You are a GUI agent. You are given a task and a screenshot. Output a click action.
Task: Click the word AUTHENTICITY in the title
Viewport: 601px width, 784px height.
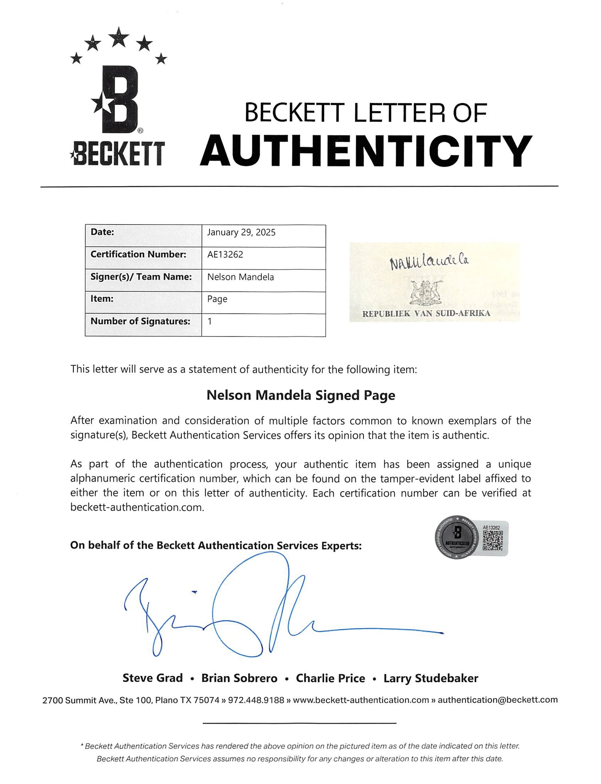point(366,151)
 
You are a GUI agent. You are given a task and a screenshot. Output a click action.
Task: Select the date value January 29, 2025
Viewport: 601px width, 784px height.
point(241,233)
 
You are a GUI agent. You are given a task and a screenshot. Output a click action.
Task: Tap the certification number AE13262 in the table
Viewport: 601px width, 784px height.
point(225,255)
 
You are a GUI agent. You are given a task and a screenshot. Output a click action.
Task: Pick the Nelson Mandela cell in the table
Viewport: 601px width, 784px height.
point(240,277)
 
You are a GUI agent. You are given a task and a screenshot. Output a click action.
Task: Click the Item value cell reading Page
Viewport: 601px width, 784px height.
point(217,299)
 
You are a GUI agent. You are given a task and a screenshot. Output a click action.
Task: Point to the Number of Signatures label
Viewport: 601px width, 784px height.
point(140,321)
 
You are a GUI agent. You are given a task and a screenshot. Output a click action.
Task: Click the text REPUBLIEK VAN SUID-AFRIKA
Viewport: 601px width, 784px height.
point(426,314)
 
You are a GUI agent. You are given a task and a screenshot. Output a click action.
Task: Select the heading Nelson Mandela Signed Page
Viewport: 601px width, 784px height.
point(300,395)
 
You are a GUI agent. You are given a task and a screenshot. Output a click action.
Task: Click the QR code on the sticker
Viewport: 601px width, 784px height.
point(492,541)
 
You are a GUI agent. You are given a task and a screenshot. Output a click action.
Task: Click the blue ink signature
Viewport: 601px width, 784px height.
point(256,610)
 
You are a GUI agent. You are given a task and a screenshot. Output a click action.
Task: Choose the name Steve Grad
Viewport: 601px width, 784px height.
point(153,678)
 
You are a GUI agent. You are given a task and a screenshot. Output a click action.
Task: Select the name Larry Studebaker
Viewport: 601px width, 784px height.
point(431,678)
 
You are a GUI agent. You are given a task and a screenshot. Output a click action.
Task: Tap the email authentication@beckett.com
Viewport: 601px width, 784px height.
point(498,700)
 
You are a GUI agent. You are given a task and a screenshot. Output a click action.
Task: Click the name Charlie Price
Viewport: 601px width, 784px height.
point(331,678)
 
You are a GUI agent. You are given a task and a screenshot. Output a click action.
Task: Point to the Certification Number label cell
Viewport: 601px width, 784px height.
point(139,254)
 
